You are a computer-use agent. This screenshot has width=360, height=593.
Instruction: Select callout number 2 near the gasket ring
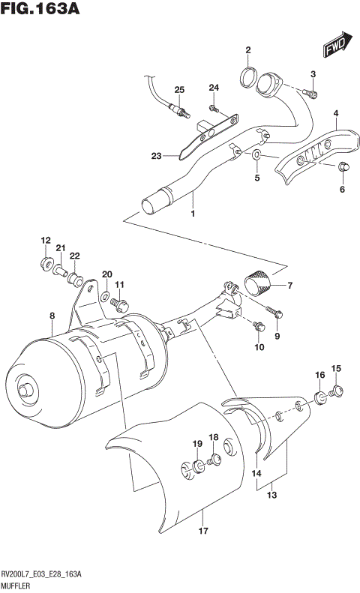[x=247, y=51]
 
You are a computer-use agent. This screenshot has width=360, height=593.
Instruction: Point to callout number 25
[x=178, y=90]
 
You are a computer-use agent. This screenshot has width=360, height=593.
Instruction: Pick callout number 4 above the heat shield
[x=335, y=114]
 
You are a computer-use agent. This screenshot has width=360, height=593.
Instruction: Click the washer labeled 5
[x=256, y=154]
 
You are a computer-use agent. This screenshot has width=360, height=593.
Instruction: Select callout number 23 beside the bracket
[x=156, y=156]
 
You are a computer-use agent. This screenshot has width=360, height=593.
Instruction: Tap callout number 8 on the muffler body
[x=51, y=317]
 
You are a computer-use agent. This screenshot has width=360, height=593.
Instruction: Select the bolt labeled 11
[x=120, y=304]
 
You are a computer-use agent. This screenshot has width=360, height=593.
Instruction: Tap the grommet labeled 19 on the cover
[x=197, y=468]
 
